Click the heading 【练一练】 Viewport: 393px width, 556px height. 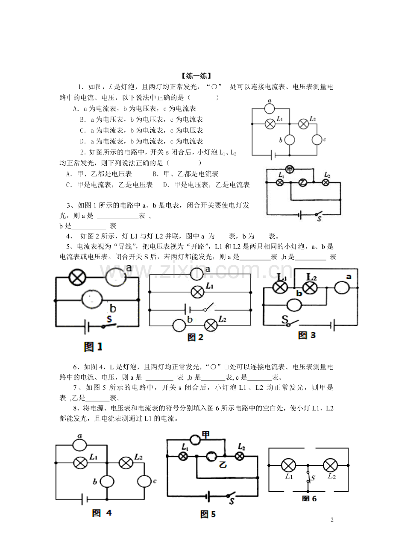pyautogui.click(x=196, y=76)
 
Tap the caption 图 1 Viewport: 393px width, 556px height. pyautogui.click(x=93, y=347)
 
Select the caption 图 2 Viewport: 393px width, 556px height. pyautogui.click(x=195, y=337)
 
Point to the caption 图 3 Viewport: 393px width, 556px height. pyautogui.click(x=307, y=335)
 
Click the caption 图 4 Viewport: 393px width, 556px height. pyautogui.click(x=102, y=513)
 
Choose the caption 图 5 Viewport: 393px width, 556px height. pyautogui.click(x=208, y=514)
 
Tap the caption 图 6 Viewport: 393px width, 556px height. pyautogui.click(x=309, y=499)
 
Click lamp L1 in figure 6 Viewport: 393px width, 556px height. pyautogui.click(x=288, y=465)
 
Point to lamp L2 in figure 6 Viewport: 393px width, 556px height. pyautogui.click(x=330, y=465)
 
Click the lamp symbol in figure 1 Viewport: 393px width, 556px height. pyautogui.click(x=77, y=277)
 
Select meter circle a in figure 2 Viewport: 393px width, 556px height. pyautogui.click(x=196, y=274)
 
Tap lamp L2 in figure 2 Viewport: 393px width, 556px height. pyautogui.click(x=211, y=325)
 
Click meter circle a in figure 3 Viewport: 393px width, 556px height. pyautogui.click(x=342, y=288)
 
